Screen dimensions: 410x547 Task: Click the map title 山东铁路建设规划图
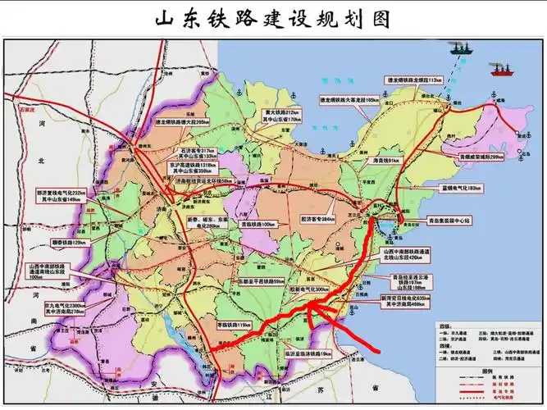(273, 18)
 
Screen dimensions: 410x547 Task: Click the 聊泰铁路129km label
(67, 244)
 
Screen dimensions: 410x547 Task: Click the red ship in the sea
(499, 71)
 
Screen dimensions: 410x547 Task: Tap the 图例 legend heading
(485, 371)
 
